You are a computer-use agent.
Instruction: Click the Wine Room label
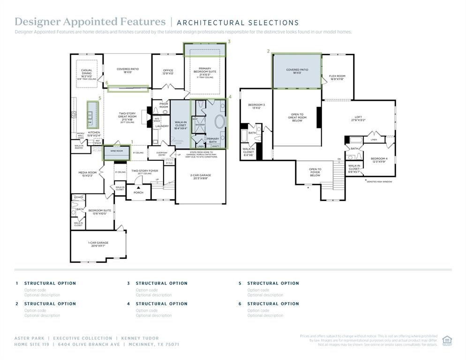click(x=116, y=151)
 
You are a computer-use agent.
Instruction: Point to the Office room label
click(x=168, y=72)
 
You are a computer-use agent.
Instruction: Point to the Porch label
click(x=138, y=192)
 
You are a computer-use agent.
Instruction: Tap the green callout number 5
click(x=100, y=98)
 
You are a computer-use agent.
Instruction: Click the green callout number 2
click(x=268, y=51)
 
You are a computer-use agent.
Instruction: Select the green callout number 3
click(x=229, y=41)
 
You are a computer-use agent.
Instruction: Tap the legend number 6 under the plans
click(x=240, y=304)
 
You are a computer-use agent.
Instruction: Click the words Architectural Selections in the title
click(x=238, y=22)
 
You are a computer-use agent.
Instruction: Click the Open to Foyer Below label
click(x=315, y=172)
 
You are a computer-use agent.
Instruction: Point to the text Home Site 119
click(x=31, y=344)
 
